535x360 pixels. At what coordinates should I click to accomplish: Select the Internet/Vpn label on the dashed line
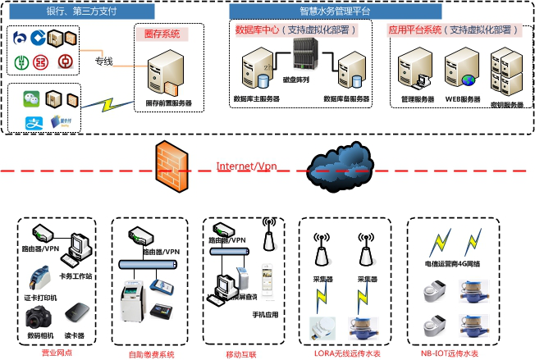pyautogui.click(x=246, y=166)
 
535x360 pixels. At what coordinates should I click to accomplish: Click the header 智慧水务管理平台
pyautogui.click(x=335, y=11)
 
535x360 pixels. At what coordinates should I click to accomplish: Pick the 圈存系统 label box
pyautogui.click(x=162, y=34)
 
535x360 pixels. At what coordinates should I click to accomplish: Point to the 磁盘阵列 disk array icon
pyautogui.click(x=303, y=56)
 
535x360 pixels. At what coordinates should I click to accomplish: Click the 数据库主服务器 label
pyautogui.click(x=256, y=98)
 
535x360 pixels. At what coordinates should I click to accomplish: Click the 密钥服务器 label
pyautogui.click(x=505, y=105)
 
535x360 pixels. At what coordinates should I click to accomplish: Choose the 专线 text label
pyautogui.click(x=103, y=62)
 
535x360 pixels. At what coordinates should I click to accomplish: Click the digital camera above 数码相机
pyautogui.click(x=39, y=317)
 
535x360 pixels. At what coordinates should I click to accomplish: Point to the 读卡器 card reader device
pyautogui.click(x=75, y=313)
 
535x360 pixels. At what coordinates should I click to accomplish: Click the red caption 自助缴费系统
pyautogui.click(x=151, y=354)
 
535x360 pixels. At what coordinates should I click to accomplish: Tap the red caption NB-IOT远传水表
pyautogui.click(x=449, y=353)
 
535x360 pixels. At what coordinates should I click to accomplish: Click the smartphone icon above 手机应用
pyautogui.click(x=267, y=282)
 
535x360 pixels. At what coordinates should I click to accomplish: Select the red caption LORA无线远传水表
pyautogui.click(x=348, y=353)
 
